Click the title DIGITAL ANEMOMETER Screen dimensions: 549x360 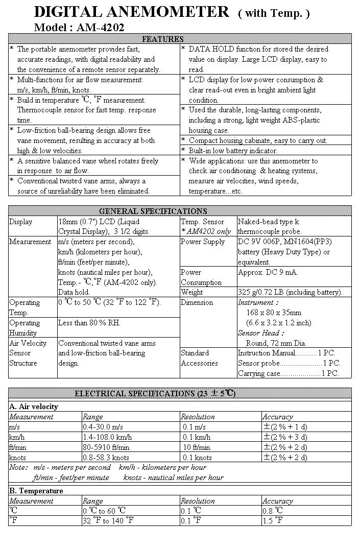(131, 12)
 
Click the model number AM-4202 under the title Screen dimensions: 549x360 (100, 28)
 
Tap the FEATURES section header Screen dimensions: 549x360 (162, 39)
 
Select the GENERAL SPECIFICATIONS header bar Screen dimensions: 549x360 (153, 211)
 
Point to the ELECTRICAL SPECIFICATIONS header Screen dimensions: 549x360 (155, 393)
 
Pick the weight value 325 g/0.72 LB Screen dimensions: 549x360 (290, 292)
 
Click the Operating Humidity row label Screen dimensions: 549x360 (25, 327)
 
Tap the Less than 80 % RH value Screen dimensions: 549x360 (89, 323)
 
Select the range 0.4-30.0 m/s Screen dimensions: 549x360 (103, 427)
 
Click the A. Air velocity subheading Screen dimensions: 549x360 (34, 407)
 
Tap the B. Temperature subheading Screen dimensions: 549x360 (36, 491)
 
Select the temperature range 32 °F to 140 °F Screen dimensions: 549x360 (108, 521)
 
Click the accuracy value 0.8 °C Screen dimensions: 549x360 (274, 511)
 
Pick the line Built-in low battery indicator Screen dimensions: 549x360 (233, 151)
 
